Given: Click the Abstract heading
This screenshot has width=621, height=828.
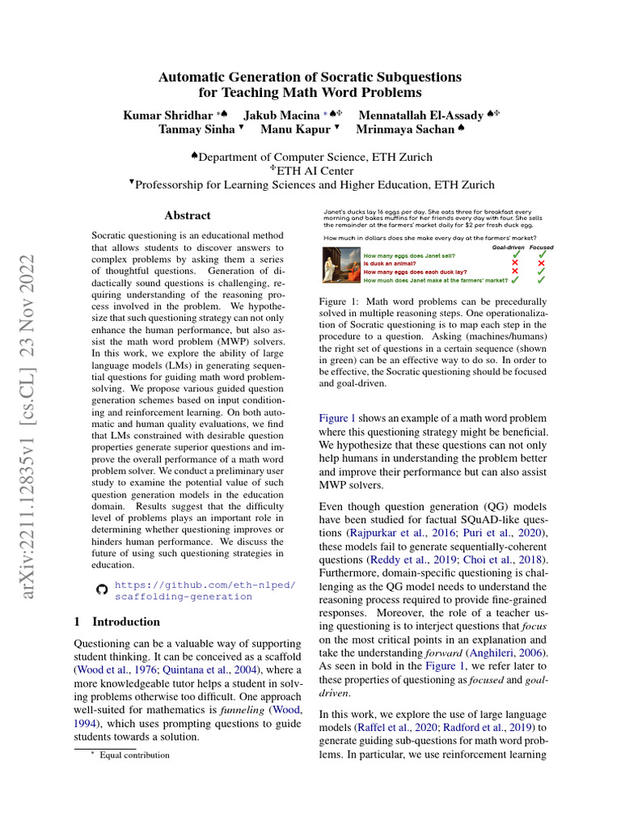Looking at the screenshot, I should [188, 216].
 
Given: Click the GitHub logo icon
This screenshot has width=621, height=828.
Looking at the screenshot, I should [101, 590].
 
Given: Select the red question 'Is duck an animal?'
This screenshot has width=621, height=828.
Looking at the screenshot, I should [391, 263].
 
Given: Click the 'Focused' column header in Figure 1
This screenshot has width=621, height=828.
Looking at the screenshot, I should [542, 247].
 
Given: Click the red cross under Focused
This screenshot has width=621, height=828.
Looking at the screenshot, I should [541, 263].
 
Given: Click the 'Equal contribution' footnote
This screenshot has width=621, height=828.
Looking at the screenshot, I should [134, 755].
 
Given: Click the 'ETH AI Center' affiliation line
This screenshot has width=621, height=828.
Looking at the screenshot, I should [311, 171].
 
